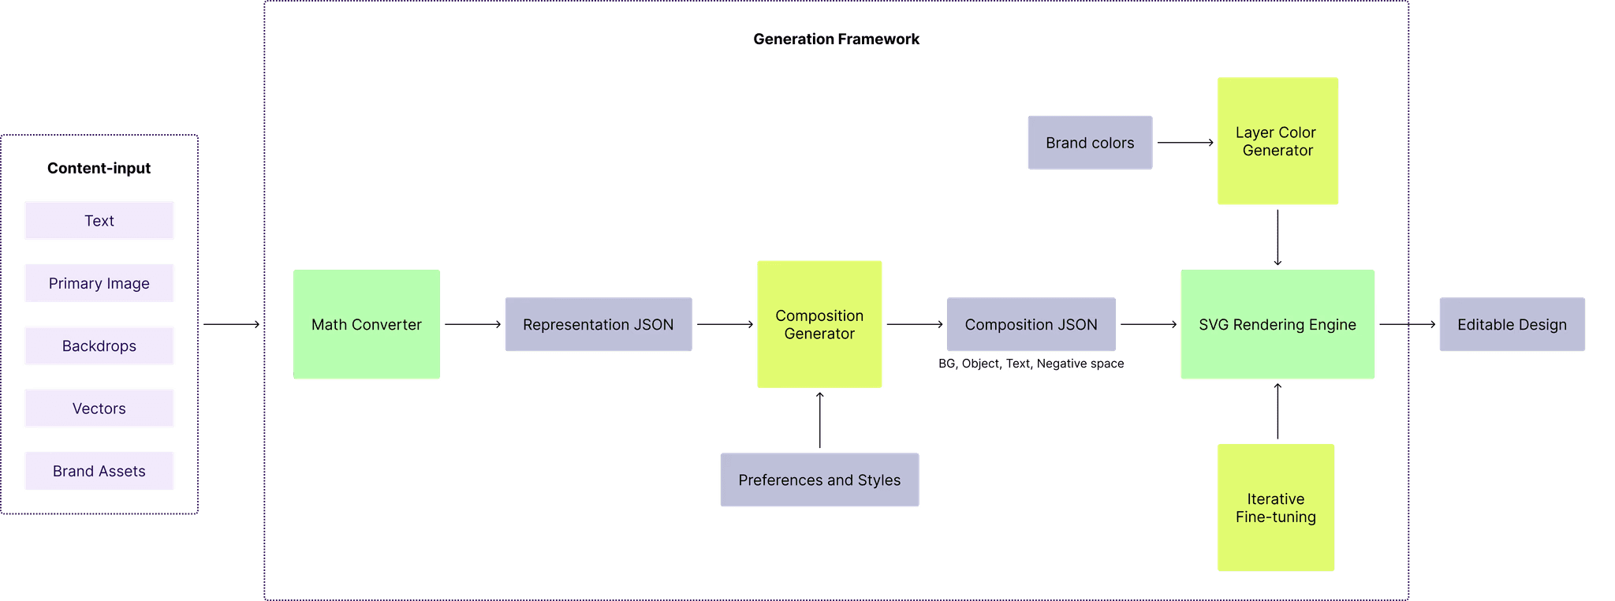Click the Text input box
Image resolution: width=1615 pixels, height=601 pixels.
click(x=99, y=221)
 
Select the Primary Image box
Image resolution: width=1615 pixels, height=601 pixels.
click(x=99, y=283)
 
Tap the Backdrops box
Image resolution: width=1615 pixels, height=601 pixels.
click(x=99, y=345)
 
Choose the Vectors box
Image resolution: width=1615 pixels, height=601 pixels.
click(x=99, y=409)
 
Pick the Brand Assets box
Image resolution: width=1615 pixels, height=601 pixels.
click(x=99, y=471)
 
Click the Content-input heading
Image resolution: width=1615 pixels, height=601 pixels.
click(x=99, y=168)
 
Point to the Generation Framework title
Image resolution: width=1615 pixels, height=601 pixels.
click(x=836, y=39)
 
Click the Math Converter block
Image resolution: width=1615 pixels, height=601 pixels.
click(x=367, y=324)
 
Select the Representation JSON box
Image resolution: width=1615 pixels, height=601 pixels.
click(x=598, y=324)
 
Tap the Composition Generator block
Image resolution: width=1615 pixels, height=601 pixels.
click(x=819, y=324)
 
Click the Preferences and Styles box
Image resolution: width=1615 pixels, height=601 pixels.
click(x=819, y=480)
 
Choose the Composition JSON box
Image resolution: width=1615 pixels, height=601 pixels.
click(x=1031, y=324)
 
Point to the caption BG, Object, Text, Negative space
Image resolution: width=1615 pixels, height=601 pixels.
click(x=1031, y=364)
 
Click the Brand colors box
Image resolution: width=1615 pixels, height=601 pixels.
click(x=1090, y=143)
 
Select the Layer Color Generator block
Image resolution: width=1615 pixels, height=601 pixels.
click(x=1277, y=141)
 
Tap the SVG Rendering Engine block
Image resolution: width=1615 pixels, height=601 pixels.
click(x=1277, y=324)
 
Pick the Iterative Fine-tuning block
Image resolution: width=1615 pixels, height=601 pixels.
click(x=1276, y=508)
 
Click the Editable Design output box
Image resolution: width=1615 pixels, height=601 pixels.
click(x=1512, y=324)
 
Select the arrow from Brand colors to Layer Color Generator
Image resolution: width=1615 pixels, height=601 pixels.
click(x=1185, y=143)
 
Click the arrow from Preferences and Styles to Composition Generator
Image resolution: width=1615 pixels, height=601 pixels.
click(x=820, y=420)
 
